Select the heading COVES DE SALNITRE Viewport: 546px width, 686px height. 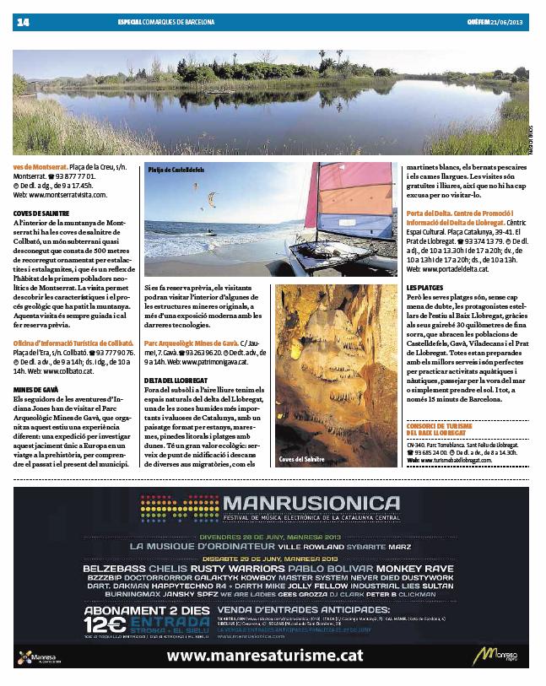click(x=41, y=213)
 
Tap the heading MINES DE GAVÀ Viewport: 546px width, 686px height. click(x=35, y=389)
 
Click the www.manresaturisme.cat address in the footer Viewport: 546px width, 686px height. click(x=266, y=656)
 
